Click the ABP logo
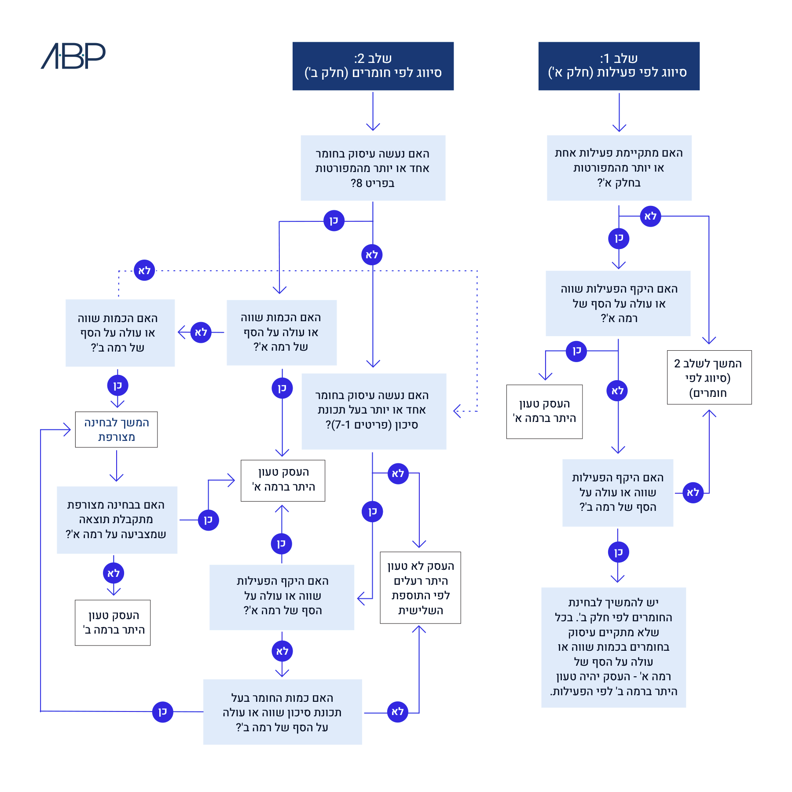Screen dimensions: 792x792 pos(73,56)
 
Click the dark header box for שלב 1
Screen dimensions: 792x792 pos(619,66)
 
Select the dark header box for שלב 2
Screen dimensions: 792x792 pos(373,66)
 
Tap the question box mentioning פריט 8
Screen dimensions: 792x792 pos(373,168)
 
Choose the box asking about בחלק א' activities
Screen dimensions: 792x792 pos(619,168)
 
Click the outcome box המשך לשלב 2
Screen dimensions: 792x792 pos(709,377)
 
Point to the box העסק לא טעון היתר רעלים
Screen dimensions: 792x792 pos(420,587)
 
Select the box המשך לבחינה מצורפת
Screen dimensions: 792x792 pos(116,429)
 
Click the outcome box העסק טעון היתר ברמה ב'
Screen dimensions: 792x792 pos(113,623)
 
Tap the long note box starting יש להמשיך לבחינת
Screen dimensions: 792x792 pos(613,647)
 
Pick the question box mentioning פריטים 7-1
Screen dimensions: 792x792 pos(374,411)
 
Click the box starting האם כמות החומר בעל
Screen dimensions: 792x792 pos(282,712)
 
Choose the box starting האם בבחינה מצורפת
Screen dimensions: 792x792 pos(117,520)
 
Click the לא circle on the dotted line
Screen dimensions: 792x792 pos(144,270)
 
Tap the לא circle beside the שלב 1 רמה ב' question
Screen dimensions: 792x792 pos(693,492)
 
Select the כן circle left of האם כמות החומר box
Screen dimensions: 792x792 pos(162,711)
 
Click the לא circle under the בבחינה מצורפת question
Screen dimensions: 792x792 pos(114,573)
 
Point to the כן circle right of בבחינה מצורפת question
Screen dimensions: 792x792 pos(208,520)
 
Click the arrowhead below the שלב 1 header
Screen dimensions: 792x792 pos(619,128)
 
